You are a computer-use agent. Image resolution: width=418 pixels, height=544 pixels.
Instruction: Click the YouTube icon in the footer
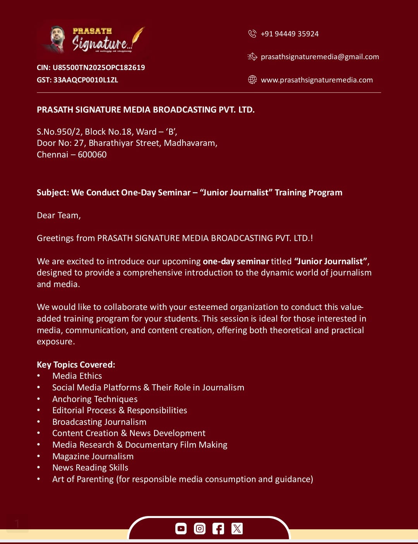point(181,529)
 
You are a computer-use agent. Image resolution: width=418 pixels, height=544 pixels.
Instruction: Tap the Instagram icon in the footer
point(200,529)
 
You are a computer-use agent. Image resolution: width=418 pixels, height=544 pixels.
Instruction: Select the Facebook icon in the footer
point(218,529)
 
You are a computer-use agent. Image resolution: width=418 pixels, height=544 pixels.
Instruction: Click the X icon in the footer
point(237,529)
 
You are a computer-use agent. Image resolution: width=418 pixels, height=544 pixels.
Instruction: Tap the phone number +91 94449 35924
point(290,34)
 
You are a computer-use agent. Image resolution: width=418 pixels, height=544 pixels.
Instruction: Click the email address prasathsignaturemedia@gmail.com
point(320,57)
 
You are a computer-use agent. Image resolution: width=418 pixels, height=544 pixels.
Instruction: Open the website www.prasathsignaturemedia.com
point(317,80)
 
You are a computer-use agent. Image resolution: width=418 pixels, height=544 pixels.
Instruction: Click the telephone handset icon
point(252,34)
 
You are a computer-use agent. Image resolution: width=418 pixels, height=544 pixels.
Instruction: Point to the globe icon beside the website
point(252,80)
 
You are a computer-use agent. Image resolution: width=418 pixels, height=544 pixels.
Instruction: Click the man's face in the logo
point(57,35)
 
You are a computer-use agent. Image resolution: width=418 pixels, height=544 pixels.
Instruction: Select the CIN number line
point(91,68)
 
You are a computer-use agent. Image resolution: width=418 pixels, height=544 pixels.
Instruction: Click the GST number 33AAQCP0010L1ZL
point(86,80)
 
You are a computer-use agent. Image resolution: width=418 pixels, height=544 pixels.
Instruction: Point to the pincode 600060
point(92,155)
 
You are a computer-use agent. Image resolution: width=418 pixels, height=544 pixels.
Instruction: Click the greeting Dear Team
point(59,216)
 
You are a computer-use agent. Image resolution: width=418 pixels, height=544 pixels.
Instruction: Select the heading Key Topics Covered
point(76,365)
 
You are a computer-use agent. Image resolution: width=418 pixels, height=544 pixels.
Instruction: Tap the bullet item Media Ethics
point(77,376)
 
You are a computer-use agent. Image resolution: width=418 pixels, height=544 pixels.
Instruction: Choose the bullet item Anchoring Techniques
point(95,399)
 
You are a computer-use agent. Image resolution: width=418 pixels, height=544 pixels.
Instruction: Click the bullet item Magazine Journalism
point(93,457)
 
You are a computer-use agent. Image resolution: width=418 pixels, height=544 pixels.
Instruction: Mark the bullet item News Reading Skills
point(90,468)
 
